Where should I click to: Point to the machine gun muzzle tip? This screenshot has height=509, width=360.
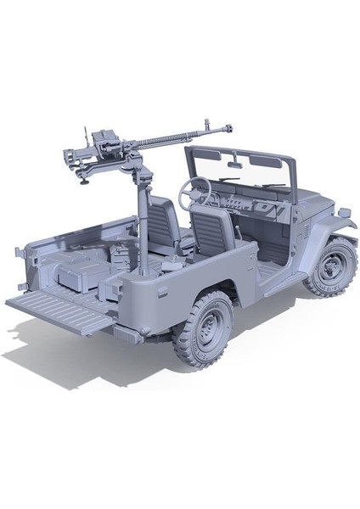click(x=228, y=128)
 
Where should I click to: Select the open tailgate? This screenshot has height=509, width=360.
click(x=59, y=306)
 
